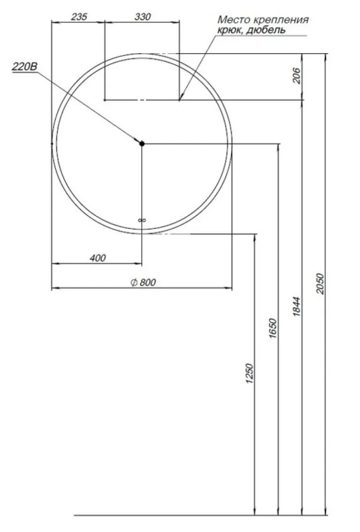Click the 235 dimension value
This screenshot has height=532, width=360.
(79, 16)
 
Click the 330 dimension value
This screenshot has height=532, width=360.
(142, 16)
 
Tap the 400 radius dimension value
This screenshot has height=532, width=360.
(98, 258)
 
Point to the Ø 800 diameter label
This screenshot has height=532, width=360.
(144, 282)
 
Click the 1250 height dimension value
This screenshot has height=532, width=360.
(249, 373)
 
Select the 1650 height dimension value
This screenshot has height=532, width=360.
(273, 328)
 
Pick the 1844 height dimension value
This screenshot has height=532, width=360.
(296, 307)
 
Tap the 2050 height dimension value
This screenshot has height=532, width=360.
(320, 284)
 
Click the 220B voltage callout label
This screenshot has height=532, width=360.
(25, 66)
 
